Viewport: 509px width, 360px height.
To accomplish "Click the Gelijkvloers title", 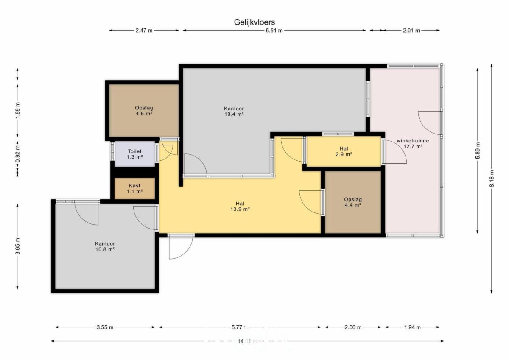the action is [254, 22].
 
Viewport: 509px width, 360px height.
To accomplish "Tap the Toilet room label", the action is [134, 151].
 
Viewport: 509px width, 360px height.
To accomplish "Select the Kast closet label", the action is [134, 186].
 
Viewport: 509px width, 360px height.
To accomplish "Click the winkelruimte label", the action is [413, 141].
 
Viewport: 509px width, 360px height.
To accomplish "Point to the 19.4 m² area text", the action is [234, 114].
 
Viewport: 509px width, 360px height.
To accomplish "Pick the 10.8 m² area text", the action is [105, 249].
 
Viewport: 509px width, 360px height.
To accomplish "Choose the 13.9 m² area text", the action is [240, 209].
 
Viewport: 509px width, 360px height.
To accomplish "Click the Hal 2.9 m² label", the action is [344, 151].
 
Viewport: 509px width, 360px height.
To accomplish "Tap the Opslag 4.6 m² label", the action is [144, 111].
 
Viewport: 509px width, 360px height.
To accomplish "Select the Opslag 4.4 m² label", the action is [353, 202].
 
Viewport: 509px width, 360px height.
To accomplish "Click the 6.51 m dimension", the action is [274, 31].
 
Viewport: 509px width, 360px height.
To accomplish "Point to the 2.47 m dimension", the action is [144, 31].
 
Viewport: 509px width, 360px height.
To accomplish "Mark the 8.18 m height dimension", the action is [492, 179].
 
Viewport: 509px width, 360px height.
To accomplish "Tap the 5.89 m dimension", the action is [478, 151].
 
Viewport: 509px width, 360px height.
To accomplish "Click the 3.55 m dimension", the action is [105, 327].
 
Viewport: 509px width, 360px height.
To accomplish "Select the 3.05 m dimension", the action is [17, 246].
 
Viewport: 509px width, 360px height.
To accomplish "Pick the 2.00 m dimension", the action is [353, 327].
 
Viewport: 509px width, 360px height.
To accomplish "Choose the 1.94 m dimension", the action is [412, 327].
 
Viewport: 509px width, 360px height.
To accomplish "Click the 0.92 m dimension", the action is [17, 154].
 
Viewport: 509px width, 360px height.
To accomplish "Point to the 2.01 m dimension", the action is [411, 31].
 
